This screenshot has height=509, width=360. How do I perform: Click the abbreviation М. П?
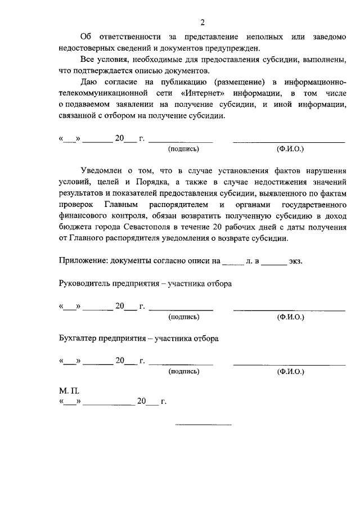pyautogui.click(x=66, y=390)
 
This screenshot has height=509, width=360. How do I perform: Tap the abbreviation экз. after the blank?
pyautogui.click(x=296, y=262)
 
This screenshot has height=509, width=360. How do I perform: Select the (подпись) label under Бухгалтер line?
pyautogui.click(x=183, y=372)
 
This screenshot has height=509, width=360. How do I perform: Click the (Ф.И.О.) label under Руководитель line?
pyautogui.click(x=290, y=317)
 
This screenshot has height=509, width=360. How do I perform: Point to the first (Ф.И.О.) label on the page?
pyautogui.click(x=290, y=150)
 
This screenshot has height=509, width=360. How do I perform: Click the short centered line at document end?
pyautogui.click(x=204, y=424)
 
